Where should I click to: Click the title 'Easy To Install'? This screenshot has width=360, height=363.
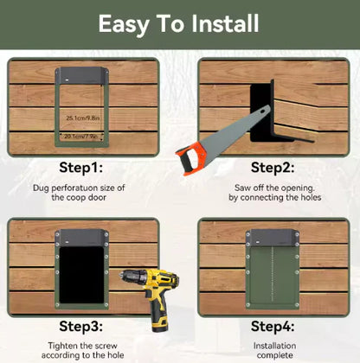(x=179, y=23)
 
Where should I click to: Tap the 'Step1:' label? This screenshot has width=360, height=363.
(x=81, y=166)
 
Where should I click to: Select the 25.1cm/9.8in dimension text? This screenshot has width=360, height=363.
(x=84, y=117)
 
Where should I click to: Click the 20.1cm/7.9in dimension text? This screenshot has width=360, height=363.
(x=84, y=136)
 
